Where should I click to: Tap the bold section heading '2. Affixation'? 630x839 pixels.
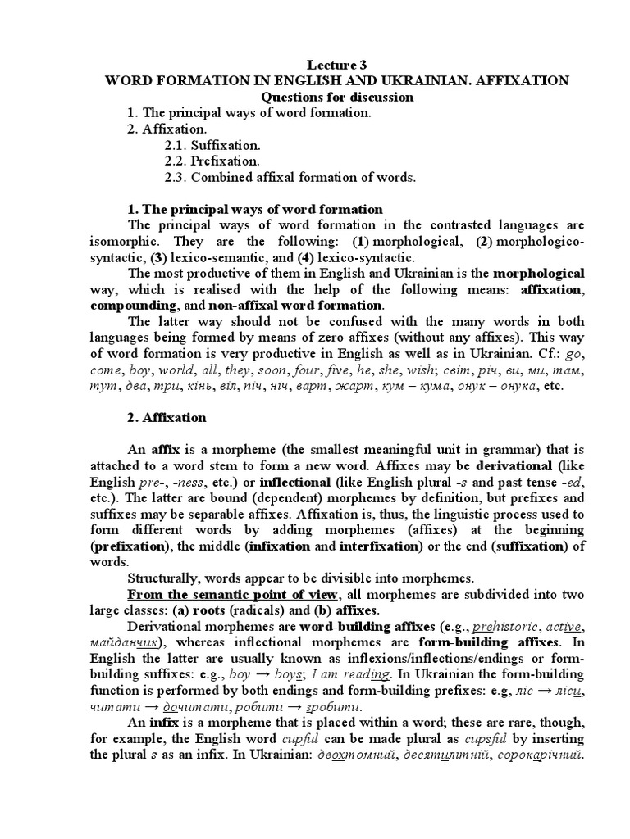click(x=167, y=417)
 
